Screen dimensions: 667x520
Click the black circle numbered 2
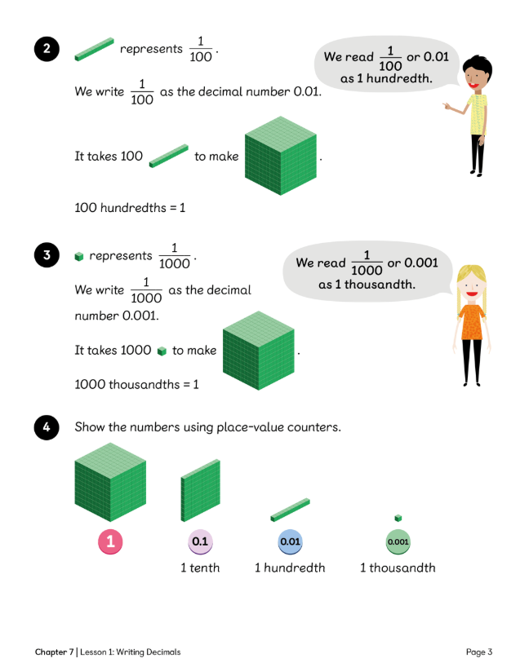pyautogui.click(x=47, y=50)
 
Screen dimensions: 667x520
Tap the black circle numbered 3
pyautogui.click(x=47, y=256)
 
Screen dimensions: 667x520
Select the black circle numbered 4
pyautogui.click(x=47, y=427)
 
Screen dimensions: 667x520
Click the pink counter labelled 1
pyautogui.click(x=110, y=541)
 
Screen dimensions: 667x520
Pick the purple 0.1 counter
pyautogui.click(x=200, y=541)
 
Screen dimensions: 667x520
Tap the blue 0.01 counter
pyautogui.click(x=290, y=541)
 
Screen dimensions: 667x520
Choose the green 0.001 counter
pyautogui.click(x=398, y=541)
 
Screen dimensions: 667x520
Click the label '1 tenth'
pyautogui.click(x=200, y=568)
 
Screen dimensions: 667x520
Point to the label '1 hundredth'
pyautogui.click(x=290, y=568)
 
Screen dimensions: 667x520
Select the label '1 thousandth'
pyautogui.click(x=398, y=568)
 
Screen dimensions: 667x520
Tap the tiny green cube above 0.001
pyautogui.click(x=398, y=518)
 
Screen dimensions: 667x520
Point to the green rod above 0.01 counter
pyautogui.click(x=290, y=510)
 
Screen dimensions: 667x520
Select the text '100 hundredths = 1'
pyautogui.click(x=130, y=208)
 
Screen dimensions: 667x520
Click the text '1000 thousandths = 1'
pyautogui.click(x=136, y=383)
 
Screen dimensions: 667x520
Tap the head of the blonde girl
pyautogui.click(x=472, y=284)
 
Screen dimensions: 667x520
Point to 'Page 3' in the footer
pyautogui.click(x=479, y=652)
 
